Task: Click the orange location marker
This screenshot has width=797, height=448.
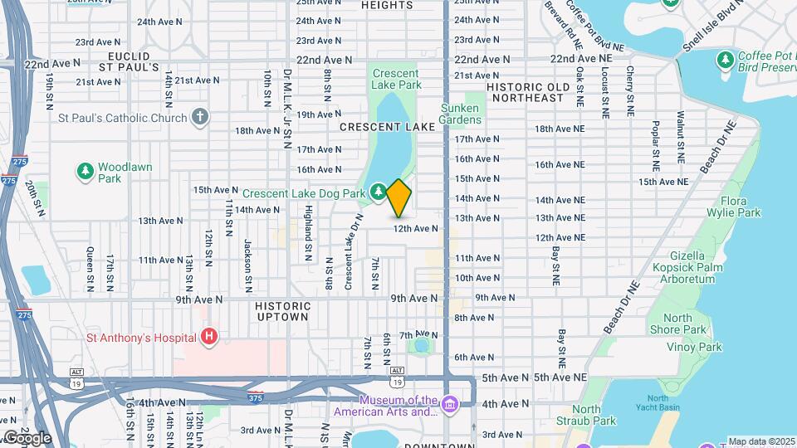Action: tap(399, 197)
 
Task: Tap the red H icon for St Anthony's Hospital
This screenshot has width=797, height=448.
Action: tap(209, 337)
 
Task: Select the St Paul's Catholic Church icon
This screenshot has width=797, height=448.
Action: tap(199, 117)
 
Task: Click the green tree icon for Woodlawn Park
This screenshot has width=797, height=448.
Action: tap(84, 172)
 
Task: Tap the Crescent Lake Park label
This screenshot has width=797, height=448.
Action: tap(396, 79)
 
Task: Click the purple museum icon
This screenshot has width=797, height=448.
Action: tap(450, 405)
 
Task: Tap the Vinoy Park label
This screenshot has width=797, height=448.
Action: tap(698, 348)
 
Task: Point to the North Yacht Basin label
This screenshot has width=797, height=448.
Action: tap(658, 404)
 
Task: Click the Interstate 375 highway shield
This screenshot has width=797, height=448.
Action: tap(256, 397)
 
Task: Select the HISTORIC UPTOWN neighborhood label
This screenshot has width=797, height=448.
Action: tap(281, 311)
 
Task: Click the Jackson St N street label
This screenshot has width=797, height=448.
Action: tap(247, 259)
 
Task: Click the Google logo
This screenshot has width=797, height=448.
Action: tap(27, 437)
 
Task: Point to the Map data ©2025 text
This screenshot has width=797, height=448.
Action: tap(760, 441)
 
